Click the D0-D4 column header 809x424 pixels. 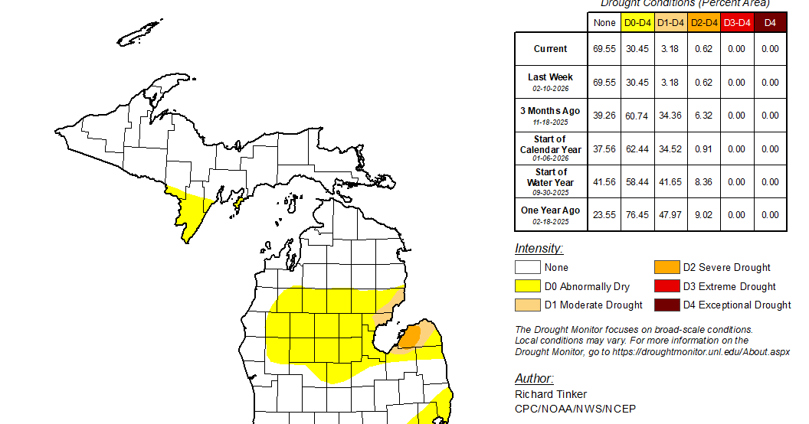(x=637, y=23)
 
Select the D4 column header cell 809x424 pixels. (x=770, y=23)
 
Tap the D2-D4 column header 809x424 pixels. (x=704, y=23)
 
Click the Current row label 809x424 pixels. (x=550, y=49)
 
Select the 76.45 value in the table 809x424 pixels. (x=637, y=215)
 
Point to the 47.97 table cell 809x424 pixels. (x=670, y=215)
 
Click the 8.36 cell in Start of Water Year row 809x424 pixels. (x=704, y=182)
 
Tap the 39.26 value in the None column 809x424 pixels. (x=604, y=116)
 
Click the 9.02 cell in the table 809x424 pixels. (x=704, y=215)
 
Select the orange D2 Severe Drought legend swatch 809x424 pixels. (x=666, y=267)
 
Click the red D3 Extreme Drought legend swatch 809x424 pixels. (x=666, y=286)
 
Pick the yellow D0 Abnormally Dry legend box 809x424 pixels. (x=527, y=286)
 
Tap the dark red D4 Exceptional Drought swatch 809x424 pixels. (x=666, y=305)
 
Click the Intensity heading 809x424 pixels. (x=539, y=249)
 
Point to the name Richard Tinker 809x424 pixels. (x=551, y=394)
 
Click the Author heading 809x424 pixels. (x=534, y=379)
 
